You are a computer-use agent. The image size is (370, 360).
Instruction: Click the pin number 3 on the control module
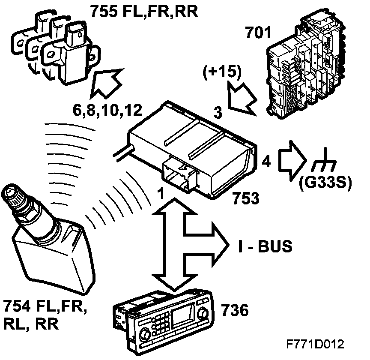tap(218, 113)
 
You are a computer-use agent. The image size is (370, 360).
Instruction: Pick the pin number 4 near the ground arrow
tap(266, 162)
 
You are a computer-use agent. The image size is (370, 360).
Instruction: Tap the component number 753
tap(246, 198)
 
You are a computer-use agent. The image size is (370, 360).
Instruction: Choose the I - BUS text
tap(265, 246)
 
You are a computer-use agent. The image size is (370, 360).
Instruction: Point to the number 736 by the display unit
tap(234, 310)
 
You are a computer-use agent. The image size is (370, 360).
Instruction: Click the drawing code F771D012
tap(316, 344)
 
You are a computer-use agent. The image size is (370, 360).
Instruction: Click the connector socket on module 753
tap(179, 175)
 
